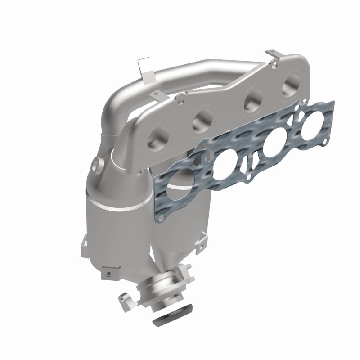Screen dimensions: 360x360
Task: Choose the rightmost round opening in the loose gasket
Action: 312,128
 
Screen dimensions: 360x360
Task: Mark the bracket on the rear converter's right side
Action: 205,239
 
